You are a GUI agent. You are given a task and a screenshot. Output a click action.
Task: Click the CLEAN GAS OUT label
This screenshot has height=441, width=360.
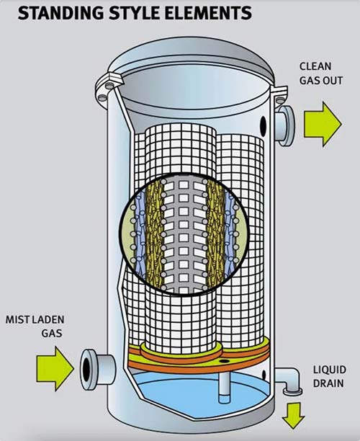[x=320, y=73]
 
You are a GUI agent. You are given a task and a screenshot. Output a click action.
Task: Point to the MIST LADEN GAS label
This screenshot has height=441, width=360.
[x=35, y=326]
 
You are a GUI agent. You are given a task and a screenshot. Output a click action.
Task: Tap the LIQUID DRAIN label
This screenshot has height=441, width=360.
[x=329, y=376]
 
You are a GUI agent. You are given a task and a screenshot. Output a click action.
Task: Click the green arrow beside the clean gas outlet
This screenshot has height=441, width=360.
[x=323, y=124]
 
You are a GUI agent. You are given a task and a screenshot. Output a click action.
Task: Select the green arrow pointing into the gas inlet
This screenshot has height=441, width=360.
[x=55, y=368]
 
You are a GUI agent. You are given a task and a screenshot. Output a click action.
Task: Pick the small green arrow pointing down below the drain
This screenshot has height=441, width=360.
[x=293, y=415]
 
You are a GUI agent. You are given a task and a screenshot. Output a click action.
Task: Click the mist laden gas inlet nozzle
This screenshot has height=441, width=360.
[x=97, y=369]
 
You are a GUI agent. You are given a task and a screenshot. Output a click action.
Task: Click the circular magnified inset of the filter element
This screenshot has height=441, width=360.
[x=184, y=234]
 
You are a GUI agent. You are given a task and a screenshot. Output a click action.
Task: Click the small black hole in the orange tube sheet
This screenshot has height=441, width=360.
[x=224, y=360]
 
